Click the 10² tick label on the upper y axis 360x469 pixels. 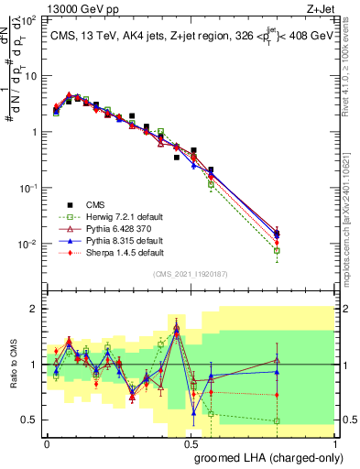[27, 19]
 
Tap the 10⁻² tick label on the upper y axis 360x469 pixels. [27, 245]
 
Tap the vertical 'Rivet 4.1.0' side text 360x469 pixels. [352, 77]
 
